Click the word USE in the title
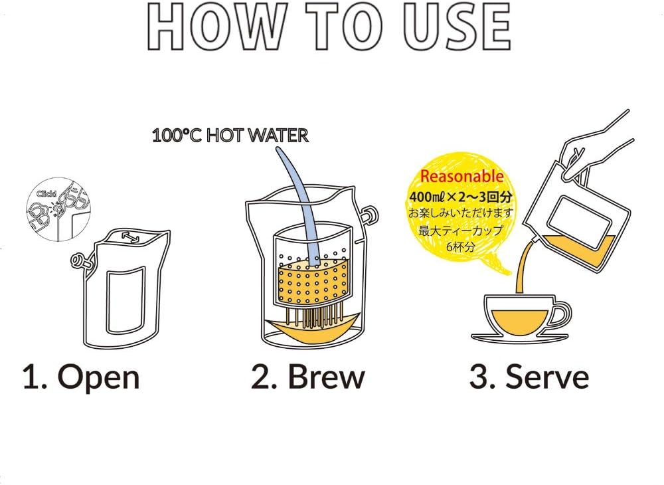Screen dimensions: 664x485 (x=457, y=27)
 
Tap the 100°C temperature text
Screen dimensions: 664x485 (x=177, y=136)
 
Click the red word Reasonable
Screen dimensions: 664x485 (x=461, y=176)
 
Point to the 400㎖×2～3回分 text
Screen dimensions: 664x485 (x=460, y=197)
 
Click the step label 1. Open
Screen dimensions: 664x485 (x=81, y=377)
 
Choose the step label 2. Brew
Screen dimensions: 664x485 (x=308, y=377)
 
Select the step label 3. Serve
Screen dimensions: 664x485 (x=529, y=377)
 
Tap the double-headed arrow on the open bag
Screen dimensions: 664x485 (x=130, y=238)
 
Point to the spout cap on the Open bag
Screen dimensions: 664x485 (x=80, y=262)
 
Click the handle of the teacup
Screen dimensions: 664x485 (x=563, y=316)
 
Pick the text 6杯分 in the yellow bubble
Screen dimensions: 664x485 (x=460, y=246)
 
